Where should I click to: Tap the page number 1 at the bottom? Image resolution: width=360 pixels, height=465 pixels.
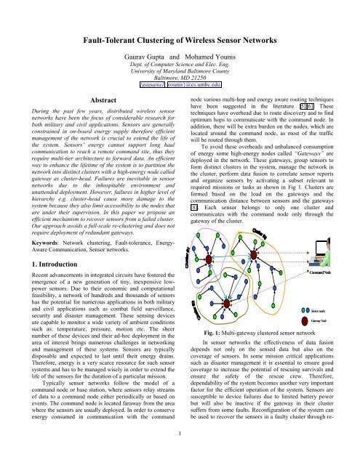coord(180,455)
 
